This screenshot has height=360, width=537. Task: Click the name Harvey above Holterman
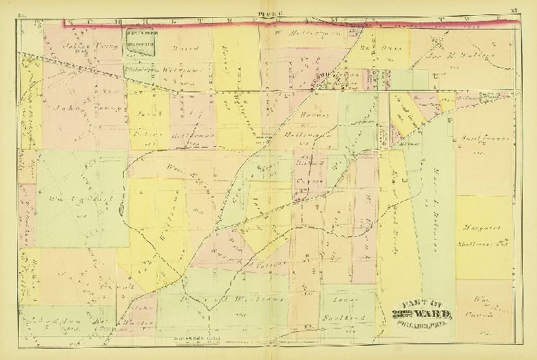(310, 115)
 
